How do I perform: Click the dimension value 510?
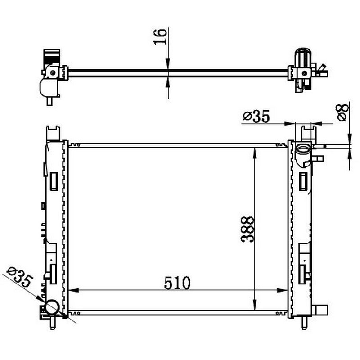(177, 283)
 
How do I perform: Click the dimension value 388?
(248, 229)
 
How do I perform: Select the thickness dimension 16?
(160, 37)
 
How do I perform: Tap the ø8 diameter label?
(343, 112)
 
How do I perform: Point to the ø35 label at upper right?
(256, 116)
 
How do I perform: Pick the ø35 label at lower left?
(20, 276)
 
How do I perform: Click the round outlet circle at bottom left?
(52, 307)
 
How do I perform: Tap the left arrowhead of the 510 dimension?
(74, 290)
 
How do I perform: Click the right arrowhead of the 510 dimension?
(282, 290)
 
